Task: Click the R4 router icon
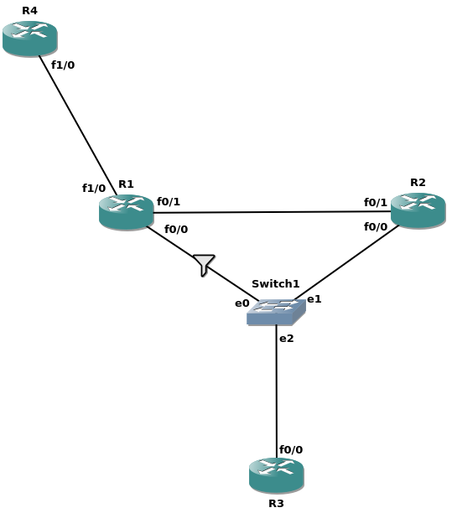click(30, 39)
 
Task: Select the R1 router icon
click(127, 212)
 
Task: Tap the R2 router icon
click(418, 210)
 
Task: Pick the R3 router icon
click(277, 475)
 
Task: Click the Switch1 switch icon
click(276, 312)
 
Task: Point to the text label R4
click(29, 10)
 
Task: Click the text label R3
click(276, 503)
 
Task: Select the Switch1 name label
click(276, 283)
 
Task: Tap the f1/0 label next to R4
click(63, 65)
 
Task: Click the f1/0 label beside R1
click(94, 188)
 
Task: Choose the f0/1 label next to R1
click(169, 201)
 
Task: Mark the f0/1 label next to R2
click(376, 203)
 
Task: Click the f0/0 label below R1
click(176, 230)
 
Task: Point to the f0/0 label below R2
click(376, 226)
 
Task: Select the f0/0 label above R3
click(291, 449)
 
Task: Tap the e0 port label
click(242, 303)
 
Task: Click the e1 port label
click(314, 299)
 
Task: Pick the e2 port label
click(287, 339)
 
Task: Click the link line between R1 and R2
click(273, 212)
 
